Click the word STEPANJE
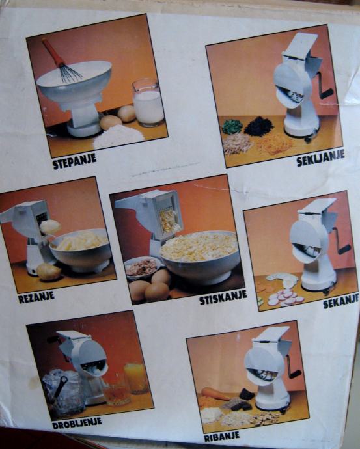tap(74, 161)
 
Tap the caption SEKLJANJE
tap(320, 157)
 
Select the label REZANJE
tap(36, 297)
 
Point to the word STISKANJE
tap(223, 297)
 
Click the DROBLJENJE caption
tap(77, 423)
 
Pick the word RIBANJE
tap(221, 437)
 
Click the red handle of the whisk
tap(53, 53)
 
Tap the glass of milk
tap(148, 103)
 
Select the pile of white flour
tap(118, 137)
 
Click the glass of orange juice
tap(136, 377)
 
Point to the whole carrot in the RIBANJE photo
tap(215, 394)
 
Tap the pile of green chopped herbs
tap(232, 126)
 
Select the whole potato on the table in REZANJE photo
tap(48, 271)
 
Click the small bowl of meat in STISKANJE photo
tap(143, 267)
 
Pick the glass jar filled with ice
tap(64, 392)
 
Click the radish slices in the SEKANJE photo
tap(286, 297)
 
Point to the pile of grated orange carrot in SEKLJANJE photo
tap(274, 144)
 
